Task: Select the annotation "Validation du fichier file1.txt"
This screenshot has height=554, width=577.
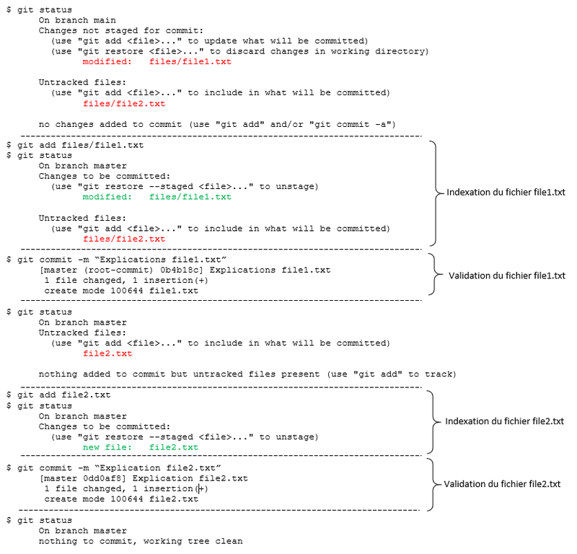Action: [506, 275]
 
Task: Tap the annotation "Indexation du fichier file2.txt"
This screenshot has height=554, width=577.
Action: [505, 421]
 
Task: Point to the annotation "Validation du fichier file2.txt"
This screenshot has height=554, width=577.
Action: [503, 484]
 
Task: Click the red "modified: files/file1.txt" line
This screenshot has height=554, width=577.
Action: [157, 62]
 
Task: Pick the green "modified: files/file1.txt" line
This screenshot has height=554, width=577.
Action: [157, 197]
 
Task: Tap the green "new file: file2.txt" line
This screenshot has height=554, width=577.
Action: [141, 447]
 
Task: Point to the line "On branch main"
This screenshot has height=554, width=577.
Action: [77, 20]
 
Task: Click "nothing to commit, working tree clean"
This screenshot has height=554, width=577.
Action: [141, 541]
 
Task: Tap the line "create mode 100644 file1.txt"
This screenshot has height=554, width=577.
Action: [120, 291]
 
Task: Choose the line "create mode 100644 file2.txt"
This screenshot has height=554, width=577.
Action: [120, 499]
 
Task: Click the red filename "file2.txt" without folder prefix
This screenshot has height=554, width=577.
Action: [108, 353]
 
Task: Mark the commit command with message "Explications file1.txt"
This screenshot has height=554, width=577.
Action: [119, 260]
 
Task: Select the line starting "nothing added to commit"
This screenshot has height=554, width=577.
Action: [247, 374]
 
